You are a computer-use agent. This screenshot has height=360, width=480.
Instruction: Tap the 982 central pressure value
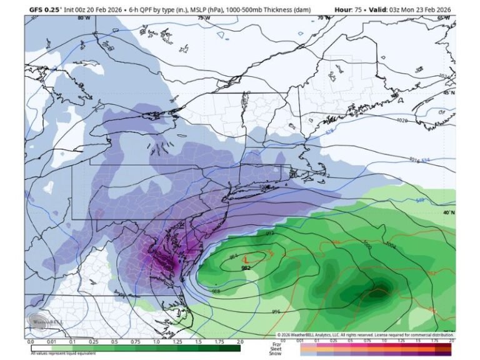(246, 267)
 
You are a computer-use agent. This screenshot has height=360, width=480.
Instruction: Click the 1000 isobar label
(366, 248)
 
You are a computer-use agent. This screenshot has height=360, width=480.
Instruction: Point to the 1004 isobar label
(391, 244)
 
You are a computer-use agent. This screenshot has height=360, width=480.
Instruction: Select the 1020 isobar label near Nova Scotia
(402, 119)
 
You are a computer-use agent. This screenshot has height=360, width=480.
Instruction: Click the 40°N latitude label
(448, 212)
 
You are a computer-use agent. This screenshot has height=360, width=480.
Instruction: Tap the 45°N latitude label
(448, 93)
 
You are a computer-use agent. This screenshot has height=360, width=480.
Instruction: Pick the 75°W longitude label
(204, 18)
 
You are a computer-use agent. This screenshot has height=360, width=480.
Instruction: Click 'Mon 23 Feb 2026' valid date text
(425, 9)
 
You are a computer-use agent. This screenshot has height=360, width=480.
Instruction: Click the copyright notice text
(366, 335)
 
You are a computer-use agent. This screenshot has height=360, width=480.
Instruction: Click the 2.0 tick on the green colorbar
(240, 342)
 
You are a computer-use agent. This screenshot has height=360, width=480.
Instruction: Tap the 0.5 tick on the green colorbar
(114, 342)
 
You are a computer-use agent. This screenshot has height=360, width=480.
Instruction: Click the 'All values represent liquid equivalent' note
(62, 354)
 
